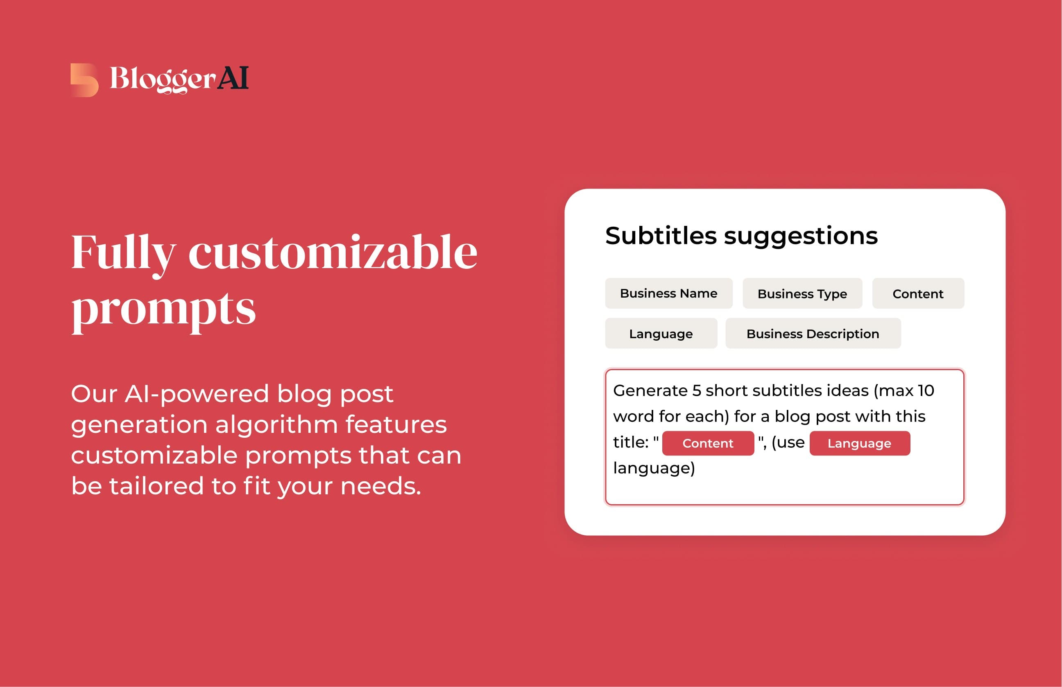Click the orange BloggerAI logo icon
[x=84, y=80]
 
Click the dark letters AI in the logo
[x=233, y=78]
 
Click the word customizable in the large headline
[x=333, y=253]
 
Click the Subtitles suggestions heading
[x=742, y=237]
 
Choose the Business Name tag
[x=668, y=293]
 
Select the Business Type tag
[x=802, y=293]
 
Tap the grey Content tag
[x=918, y=293]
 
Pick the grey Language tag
[x=661, y=333]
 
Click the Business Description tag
[x=813, y=333]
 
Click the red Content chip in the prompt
[x=708, y=444]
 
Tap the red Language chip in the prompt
[x=860, y=444]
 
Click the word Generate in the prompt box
[x=650, y=391]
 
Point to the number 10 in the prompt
[x=926, y=391]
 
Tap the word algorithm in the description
[x=276, y=424]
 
